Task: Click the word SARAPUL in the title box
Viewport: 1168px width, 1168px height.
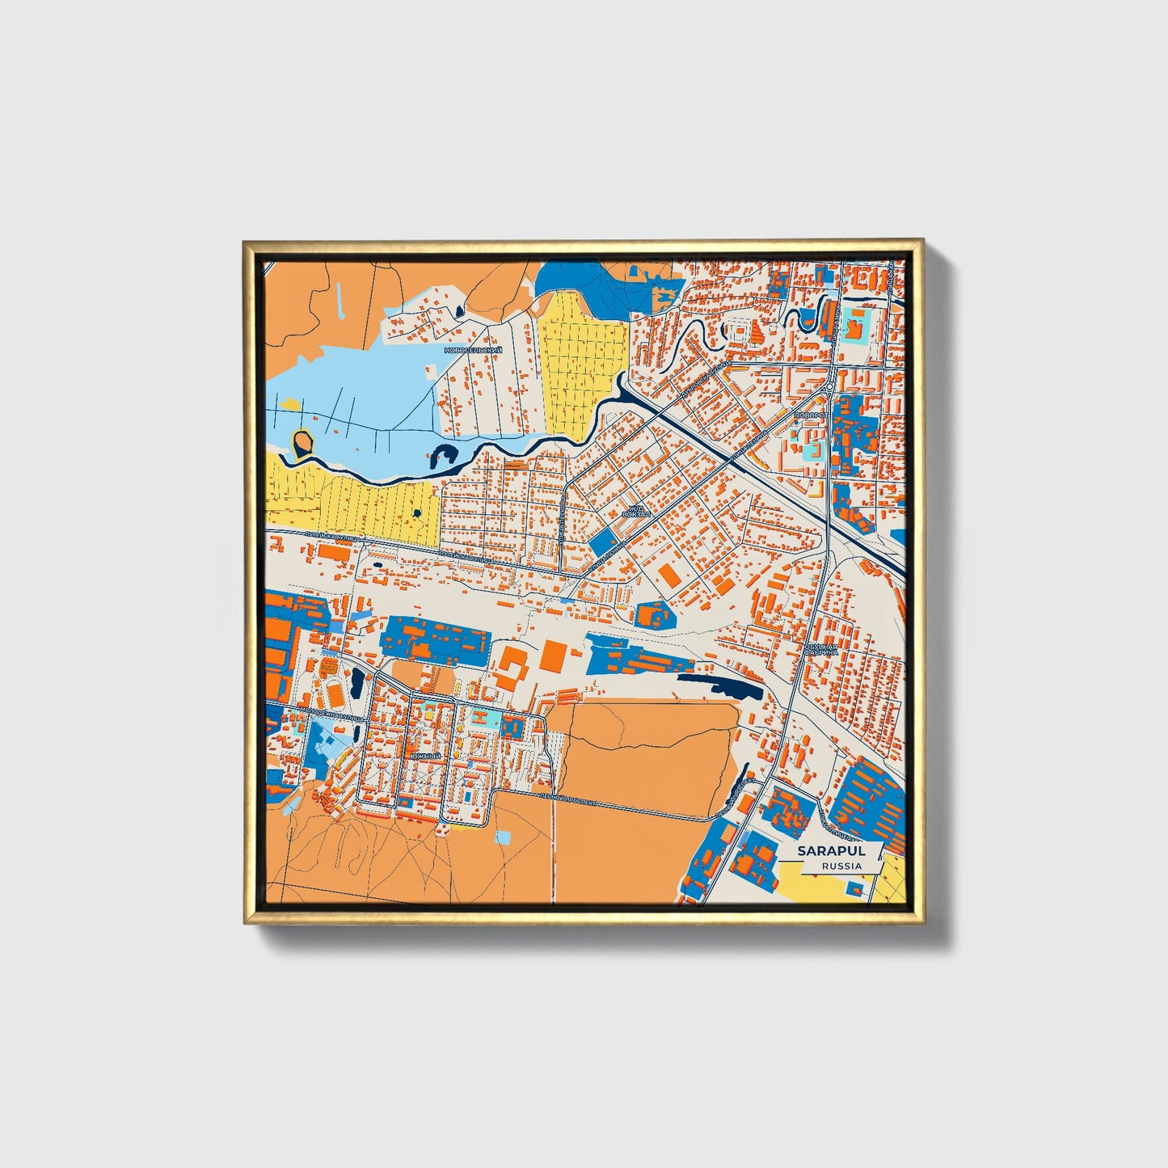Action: pos(830,850)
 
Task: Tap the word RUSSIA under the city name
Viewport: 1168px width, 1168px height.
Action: pos(841,866)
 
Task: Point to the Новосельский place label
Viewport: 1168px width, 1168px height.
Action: pos(473,350)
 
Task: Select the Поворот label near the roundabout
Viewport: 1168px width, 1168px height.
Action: pos(812,415)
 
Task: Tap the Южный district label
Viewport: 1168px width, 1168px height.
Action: pos(426,756)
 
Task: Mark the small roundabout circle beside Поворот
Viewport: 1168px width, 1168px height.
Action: pos(828,390)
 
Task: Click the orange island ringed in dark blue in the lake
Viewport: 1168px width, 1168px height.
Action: pos(303,442)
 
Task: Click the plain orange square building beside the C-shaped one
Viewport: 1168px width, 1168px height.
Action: pos(554,655)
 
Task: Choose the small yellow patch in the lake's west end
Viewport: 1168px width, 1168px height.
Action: pos(289,402)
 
